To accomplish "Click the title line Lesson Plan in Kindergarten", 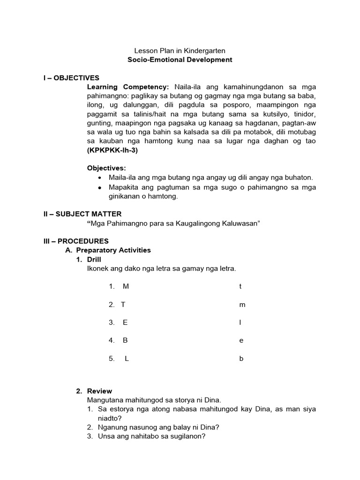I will tap(180, 50).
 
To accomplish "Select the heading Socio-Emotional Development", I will tap(180, 60).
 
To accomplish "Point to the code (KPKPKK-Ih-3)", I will tap(112, 150).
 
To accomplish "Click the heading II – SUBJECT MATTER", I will tap(82, 214).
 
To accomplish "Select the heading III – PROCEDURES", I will tap(75, 241).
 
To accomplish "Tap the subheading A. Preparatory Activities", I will tap(108, 250).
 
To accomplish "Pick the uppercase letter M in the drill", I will tap(125, 286).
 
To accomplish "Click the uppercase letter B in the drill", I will tap(125, 341).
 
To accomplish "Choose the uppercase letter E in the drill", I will tap(125, 322).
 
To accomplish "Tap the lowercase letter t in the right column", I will tap(240, 286).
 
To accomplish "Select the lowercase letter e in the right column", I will tap(241, 341).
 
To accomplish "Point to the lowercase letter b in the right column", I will tap(241, 359).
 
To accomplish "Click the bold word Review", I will tap(99, 391).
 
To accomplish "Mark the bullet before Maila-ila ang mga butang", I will tap(100, 178).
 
